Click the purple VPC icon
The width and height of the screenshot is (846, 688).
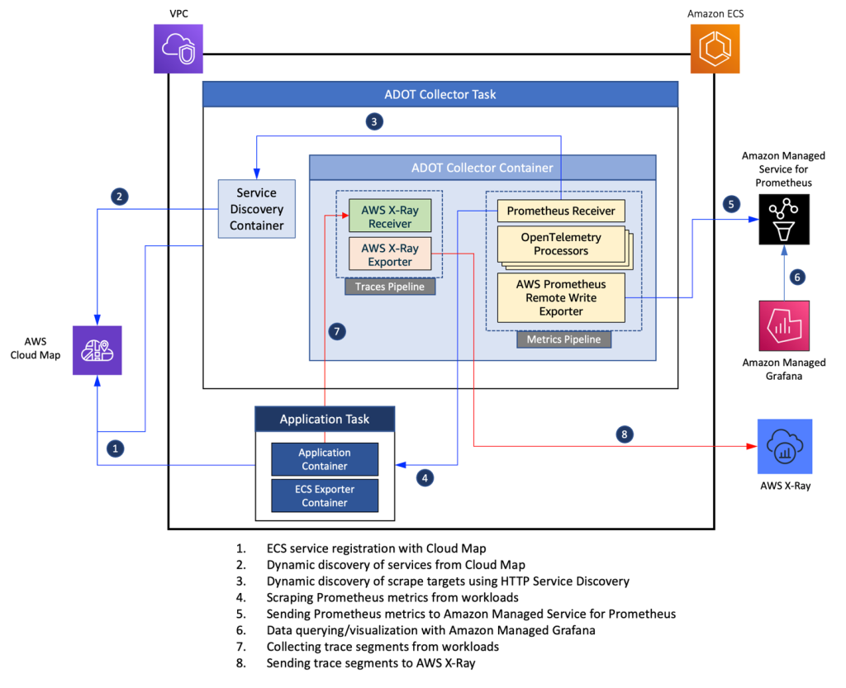pos(178,48)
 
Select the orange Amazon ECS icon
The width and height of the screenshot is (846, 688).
pos(715,48)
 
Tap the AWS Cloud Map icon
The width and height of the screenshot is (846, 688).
pos(97,349)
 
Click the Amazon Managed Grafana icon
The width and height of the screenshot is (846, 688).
pos(784,325)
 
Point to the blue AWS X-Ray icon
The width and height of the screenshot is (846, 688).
pos(784,446)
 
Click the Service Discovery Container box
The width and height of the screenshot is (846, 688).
pos(256,208)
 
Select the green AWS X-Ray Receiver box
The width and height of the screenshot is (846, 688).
pos(389,216)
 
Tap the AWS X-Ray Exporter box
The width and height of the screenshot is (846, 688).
pos(389,254)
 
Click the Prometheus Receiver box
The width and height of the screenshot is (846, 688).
pos(561,211)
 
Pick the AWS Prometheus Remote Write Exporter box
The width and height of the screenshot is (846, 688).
pos(561,297)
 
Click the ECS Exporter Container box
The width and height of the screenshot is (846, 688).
pos(325,496)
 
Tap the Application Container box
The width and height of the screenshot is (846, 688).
pos(325,459)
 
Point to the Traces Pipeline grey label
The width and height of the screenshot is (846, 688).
pos(389,287)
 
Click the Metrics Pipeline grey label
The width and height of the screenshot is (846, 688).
pos(563,339)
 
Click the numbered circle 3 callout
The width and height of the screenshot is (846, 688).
pos(374,122)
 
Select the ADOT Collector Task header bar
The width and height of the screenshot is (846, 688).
pos(440,94)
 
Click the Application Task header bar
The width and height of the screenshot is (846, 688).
pos(325,419)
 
